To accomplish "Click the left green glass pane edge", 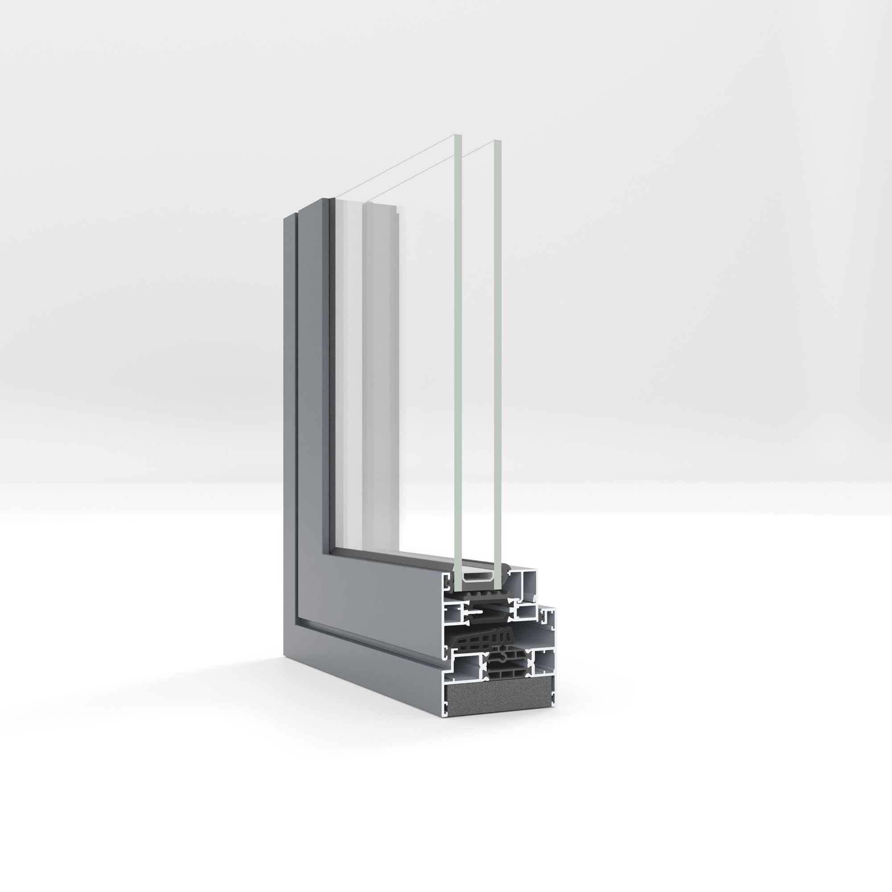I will click(458, 351).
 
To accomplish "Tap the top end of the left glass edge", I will click(458, 136).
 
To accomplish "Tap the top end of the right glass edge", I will click(497, 140).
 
